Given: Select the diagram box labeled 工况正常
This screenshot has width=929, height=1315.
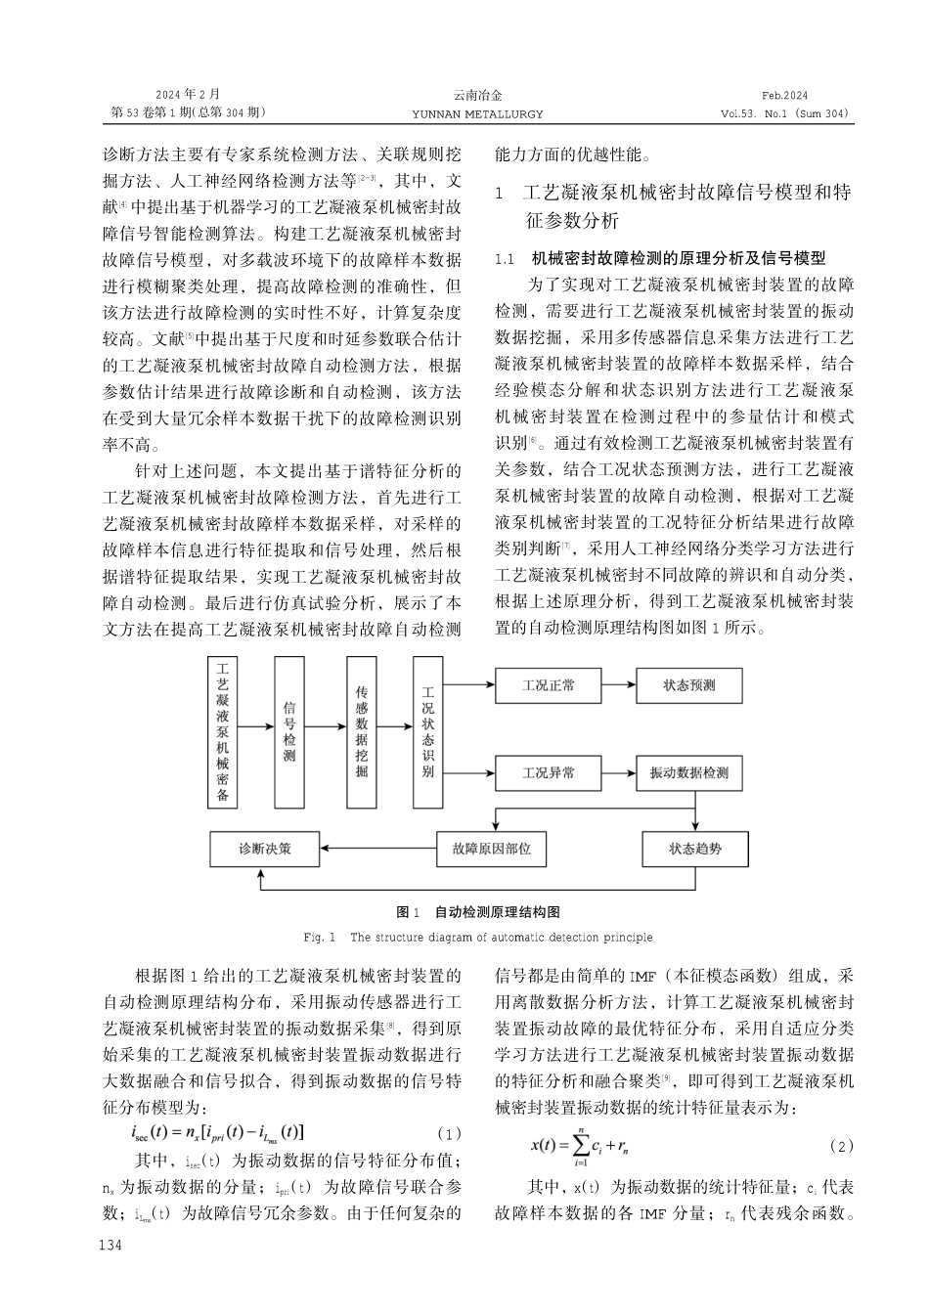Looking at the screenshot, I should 549,685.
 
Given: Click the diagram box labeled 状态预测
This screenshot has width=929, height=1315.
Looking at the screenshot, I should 688,685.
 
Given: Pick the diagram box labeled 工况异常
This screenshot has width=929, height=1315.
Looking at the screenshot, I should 549,773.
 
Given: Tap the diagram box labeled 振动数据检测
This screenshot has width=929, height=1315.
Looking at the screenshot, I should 688,773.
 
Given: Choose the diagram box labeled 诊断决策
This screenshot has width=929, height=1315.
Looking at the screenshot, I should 265,848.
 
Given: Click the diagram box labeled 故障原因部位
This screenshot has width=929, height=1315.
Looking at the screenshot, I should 491,848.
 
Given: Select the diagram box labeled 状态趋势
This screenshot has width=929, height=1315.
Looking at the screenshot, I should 695,848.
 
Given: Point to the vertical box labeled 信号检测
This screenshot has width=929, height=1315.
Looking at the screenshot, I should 289,731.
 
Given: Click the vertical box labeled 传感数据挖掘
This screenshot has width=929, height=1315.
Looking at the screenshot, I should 362,731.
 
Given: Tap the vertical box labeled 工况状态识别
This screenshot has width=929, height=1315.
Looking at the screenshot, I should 427,731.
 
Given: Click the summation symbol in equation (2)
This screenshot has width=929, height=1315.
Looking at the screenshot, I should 581,1145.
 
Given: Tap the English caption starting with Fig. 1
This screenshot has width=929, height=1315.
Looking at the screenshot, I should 477,938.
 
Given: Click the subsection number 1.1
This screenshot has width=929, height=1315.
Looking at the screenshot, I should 505,259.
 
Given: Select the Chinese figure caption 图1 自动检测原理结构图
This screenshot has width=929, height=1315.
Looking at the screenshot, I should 477,912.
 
